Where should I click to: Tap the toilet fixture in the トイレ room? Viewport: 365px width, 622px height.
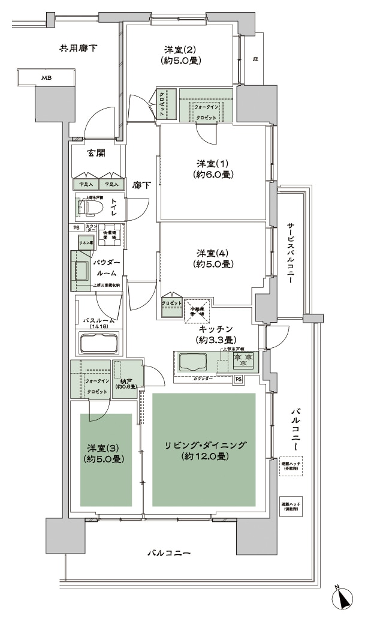pyautogui.click(x=89, y=208)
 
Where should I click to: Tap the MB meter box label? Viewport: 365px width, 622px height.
pyautogui.click(x=46, y=78)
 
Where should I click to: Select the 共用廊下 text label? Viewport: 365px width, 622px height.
pyautogui.click(x=79, y=47)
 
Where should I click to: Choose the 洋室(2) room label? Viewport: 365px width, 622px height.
pyautogui.click(x=180, y=55)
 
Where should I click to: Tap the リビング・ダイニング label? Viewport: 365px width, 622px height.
pyautogui.click(x=206, y=450)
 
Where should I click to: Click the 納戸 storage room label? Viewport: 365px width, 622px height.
pyautogui.click(x=127, y=383)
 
